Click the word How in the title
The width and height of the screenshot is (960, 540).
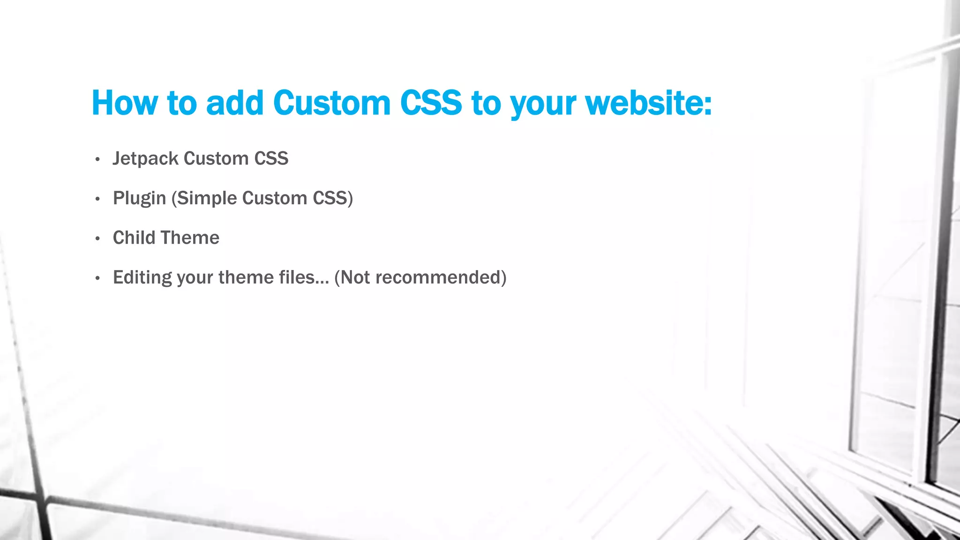click(x=124, y=103)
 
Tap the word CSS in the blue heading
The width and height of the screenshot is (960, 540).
click(x=431, y=103)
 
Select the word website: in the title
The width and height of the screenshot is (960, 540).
click(x=649, y=103)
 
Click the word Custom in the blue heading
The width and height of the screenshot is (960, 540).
click(x=331, y=103)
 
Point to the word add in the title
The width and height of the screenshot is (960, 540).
click(x=235, y=103)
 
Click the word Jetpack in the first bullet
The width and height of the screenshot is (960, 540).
click(x=145, y=159)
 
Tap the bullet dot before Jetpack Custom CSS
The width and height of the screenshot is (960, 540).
click(x=97, y=160)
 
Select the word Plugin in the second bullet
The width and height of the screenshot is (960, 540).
click(x=139, y=199)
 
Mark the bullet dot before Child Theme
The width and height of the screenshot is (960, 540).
click(x=97, y=239)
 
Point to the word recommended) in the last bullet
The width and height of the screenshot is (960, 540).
click(x=441, y=277)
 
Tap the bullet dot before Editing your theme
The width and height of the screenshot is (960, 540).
click(x=97, y=279)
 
